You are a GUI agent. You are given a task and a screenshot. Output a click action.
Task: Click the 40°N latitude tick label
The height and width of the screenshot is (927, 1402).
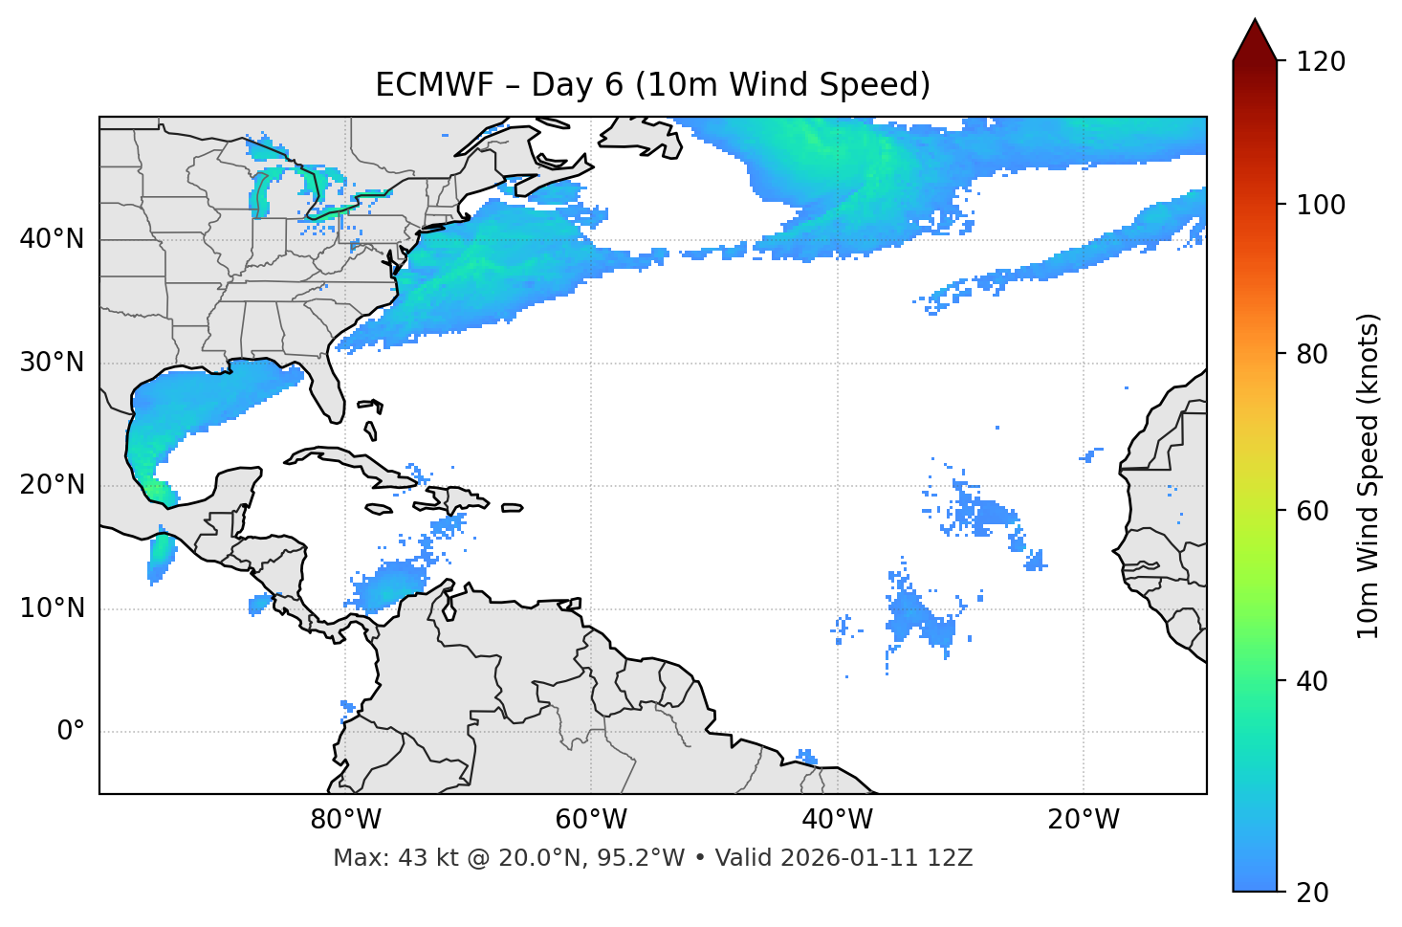click(x=52, y=239)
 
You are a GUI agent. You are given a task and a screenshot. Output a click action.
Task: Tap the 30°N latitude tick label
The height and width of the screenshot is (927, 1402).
click(x=52, y=363)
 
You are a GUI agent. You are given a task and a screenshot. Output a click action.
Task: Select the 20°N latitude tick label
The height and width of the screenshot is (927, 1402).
click(x=52, y=485)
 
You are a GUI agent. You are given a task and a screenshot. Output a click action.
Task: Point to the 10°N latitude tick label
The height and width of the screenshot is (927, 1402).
click(x=52, y=608)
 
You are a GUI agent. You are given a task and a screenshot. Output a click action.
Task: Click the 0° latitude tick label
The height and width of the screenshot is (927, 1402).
click(x=71, y=732)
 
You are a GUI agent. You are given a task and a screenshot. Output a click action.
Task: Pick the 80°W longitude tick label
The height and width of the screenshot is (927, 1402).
click(x=345, y=820)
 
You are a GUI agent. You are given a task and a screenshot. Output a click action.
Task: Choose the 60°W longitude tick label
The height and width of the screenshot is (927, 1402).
click(x=591, y=820)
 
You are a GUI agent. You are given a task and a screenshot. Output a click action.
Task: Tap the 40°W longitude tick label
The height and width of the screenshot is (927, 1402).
click(x=837, y=820)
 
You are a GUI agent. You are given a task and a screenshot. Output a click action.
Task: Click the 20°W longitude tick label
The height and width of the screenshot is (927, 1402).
click(x=1084, y=820)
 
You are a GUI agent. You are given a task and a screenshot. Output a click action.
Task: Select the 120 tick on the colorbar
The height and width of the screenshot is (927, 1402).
click(x=1321, y=61)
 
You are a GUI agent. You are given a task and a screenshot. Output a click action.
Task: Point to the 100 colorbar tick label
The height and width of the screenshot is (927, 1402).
click(x=1321, y=205)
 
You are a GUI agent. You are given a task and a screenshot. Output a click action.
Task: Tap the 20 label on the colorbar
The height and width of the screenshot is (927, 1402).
click(x=1313, y=892)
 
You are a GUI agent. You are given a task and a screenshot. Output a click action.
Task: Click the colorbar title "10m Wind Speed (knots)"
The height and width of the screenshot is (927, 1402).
click(x=1369, y=475)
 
